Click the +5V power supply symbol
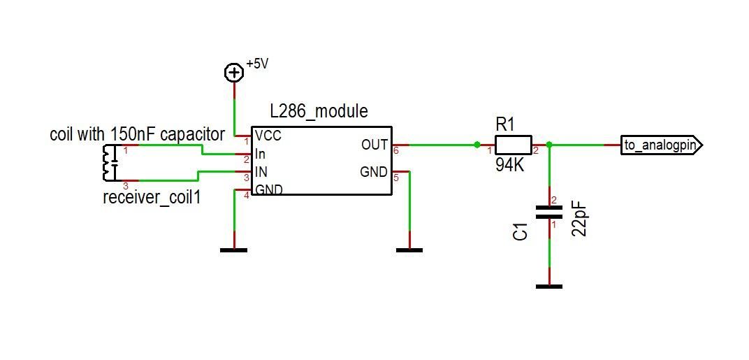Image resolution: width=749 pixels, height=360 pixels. point(233,72)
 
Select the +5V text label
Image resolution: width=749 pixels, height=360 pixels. point(257,64)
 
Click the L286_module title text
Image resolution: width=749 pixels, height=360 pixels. point(319,111)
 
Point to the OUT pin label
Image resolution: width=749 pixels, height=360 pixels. point(374,145)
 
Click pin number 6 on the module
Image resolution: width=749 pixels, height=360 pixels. point(396,151)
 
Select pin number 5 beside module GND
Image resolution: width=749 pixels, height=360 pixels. point(396,178)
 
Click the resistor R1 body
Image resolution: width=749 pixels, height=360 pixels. point(514,145)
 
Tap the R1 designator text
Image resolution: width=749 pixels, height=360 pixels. point(505,124)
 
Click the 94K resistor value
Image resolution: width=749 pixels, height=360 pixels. point(509,166)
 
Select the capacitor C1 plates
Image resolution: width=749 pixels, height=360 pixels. point(549,213)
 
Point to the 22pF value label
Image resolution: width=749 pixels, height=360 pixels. point(579,219)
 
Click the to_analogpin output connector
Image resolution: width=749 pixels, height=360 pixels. point(661,145)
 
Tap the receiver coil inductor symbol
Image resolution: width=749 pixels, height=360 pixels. point(108,163)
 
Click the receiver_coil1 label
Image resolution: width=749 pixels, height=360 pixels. point(152,198)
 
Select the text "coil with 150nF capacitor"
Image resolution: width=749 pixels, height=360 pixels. point(137,134)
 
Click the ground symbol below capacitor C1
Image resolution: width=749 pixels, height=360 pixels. point(549,285)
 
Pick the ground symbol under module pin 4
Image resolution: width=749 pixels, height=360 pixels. point(233,249)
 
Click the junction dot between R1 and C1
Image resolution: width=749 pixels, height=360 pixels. point(549,145)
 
